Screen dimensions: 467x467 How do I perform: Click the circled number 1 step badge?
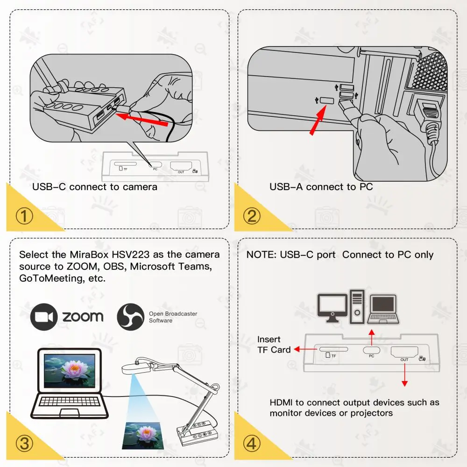tap(24, 217)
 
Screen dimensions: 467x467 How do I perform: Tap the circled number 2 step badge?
tap(253, 217)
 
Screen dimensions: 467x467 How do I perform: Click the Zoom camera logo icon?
tap(44, 317)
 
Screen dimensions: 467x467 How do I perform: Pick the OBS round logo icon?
tap(130, 317)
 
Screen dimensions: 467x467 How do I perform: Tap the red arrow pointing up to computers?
tap(372, 336)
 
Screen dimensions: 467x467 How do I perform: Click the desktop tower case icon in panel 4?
tap(357, 307)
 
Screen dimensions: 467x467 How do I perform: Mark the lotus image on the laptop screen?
tap(72, 371)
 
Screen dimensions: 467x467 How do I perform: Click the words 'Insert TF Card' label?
tap(273, 345)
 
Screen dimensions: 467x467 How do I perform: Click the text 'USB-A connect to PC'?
tap(321, 187)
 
